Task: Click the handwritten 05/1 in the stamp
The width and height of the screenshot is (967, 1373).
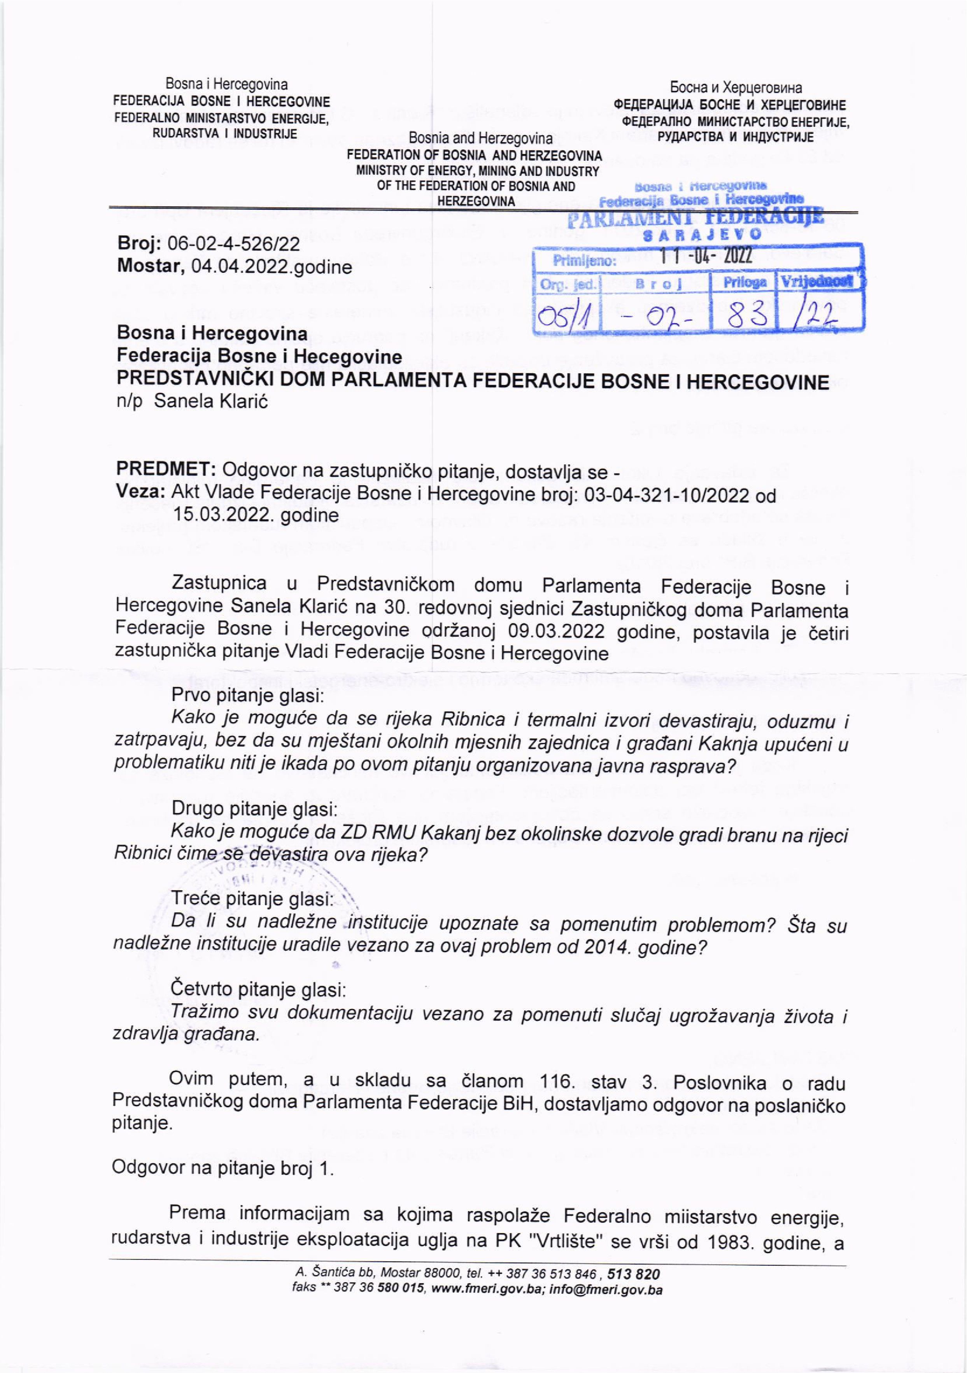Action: click(565, 313)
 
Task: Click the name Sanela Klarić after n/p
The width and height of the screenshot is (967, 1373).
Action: click(210, 401)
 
